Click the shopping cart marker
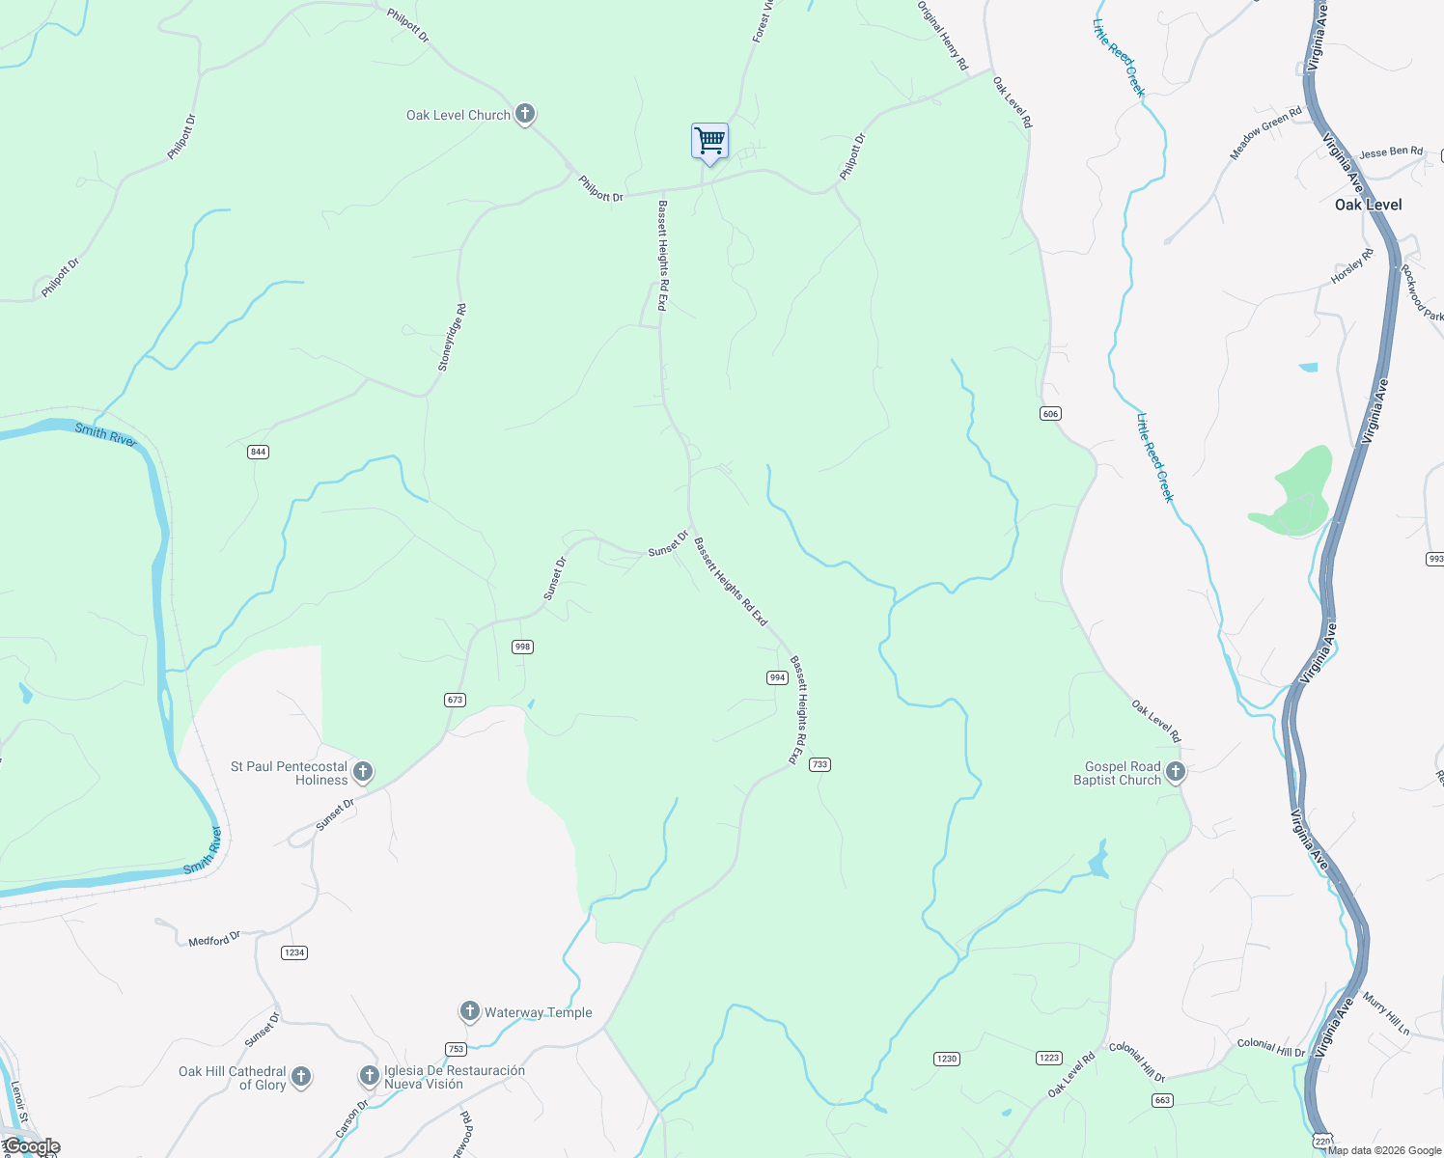point(709,142)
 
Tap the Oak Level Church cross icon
point(525,114)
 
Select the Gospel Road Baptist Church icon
point(1175,771)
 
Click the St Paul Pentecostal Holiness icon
point(363,771)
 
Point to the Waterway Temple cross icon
point(469,1011)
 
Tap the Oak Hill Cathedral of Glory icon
point(301,1076)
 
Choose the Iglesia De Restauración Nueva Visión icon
point(369,1075)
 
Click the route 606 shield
point(1050,414)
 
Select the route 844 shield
point(258,452)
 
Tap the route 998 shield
point(522,647)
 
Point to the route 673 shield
point(456,700)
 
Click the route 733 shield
point(819,764)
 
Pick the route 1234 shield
point(294,952)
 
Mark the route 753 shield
point(457,1049)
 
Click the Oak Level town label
point(1368,205)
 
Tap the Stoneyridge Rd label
point(452,338)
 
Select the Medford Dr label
point(214,939)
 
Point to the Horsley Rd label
point(1351,266)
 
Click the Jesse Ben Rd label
point(1391,152)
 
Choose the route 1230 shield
point(947,1059)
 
